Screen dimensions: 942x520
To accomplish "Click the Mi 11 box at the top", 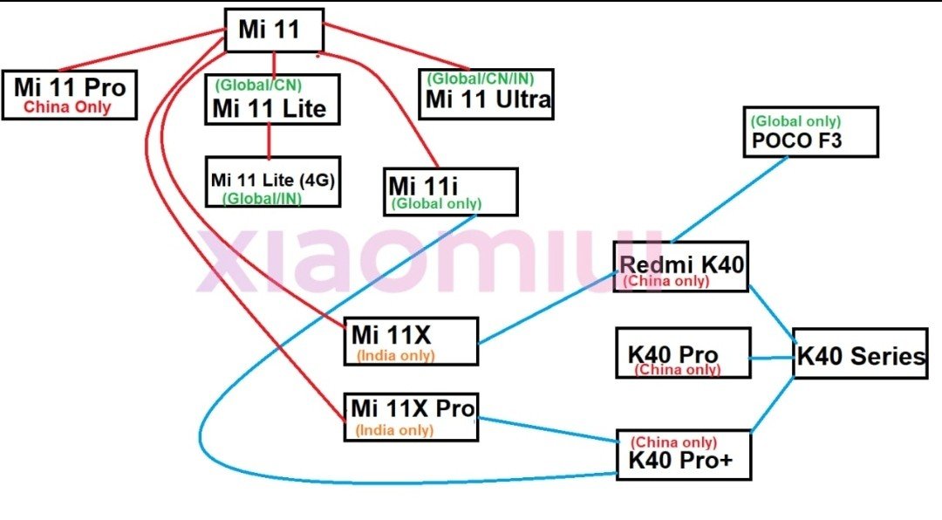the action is point(274,30).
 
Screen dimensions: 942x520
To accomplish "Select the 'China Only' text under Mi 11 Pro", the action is point(67,107).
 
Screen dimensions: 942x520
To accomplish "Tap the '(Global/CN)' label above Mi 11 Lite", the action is point(258,85).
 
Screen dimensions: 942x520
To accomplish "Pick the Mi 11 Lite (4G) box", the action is point(273,181).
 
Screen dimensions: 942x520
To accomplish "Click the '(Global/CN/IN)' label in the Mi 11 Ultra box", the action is point(481,79).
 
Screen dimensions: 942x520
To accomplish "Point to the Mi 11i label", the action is point(423,186).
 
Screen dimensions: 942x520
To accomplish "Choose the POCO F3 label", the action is point(796,140).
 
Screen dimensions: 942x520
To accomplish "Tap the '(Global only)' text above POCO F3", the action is point(795,120).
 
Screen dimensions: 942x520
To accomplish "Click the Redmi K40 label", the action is point(681,263).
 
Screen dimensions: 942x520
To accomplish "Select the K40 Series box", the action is point(860,353).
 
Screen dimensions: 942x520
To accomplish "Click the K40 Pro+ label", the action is point(680,461).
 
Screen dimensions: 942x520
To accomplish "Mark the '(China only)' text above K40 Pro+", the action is point(673,442).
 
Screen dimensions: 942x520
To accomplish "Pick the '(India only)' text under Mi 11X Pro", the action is point(394,430).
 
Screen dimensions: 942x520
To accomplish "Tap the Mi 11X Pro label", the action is point(413,408).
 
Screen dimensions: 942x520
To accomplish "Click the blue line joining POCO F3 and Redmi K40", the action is point(728,200).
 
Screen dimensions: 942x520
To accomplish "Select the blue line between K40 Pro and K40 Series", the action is point(772,359).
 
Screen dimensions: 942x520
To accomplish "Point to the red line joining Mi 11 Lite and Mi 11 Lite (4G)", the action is point(269,141).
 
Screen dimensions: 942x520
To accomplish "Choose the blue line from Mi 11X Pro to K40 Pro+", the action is point(548,430).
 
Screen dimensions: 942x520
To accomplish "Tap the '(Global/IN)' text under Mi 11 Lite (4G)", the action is point(262,198).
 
